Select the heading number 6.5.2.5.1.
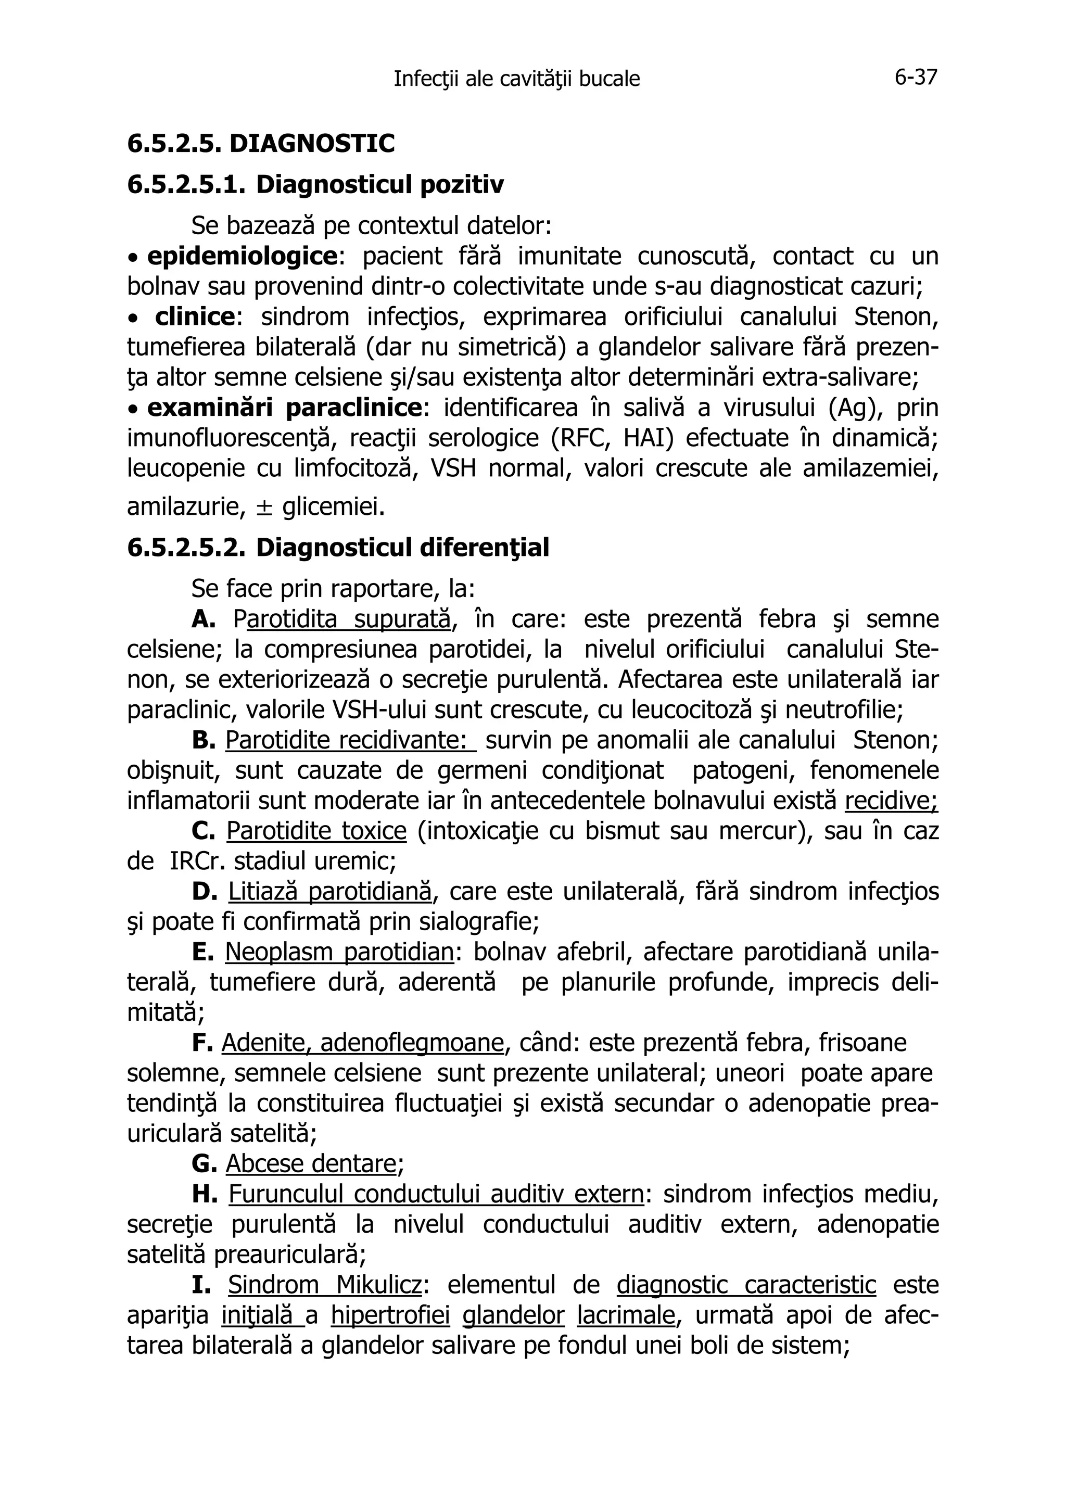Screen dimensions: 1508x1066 186,185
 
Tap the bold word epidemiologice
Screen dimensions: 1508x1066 242,256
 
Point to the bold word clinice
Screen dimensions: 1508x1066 195,316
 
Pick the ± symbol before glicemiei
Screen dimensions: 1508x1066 263,507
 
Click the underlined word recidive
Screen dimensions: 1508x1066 891,801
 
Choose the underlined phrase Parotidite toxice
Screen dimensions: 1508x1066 316,831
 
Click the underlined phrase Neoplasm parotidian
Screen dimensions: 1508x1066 339,952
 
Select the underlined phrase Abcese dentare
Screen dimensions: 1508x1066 311,1163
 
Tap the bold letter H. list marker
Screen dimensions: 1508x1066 204,1194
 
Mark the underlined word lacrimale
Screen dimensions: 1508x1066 626,1315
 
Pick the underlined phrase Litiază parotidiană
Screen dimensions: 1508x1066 329,891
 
